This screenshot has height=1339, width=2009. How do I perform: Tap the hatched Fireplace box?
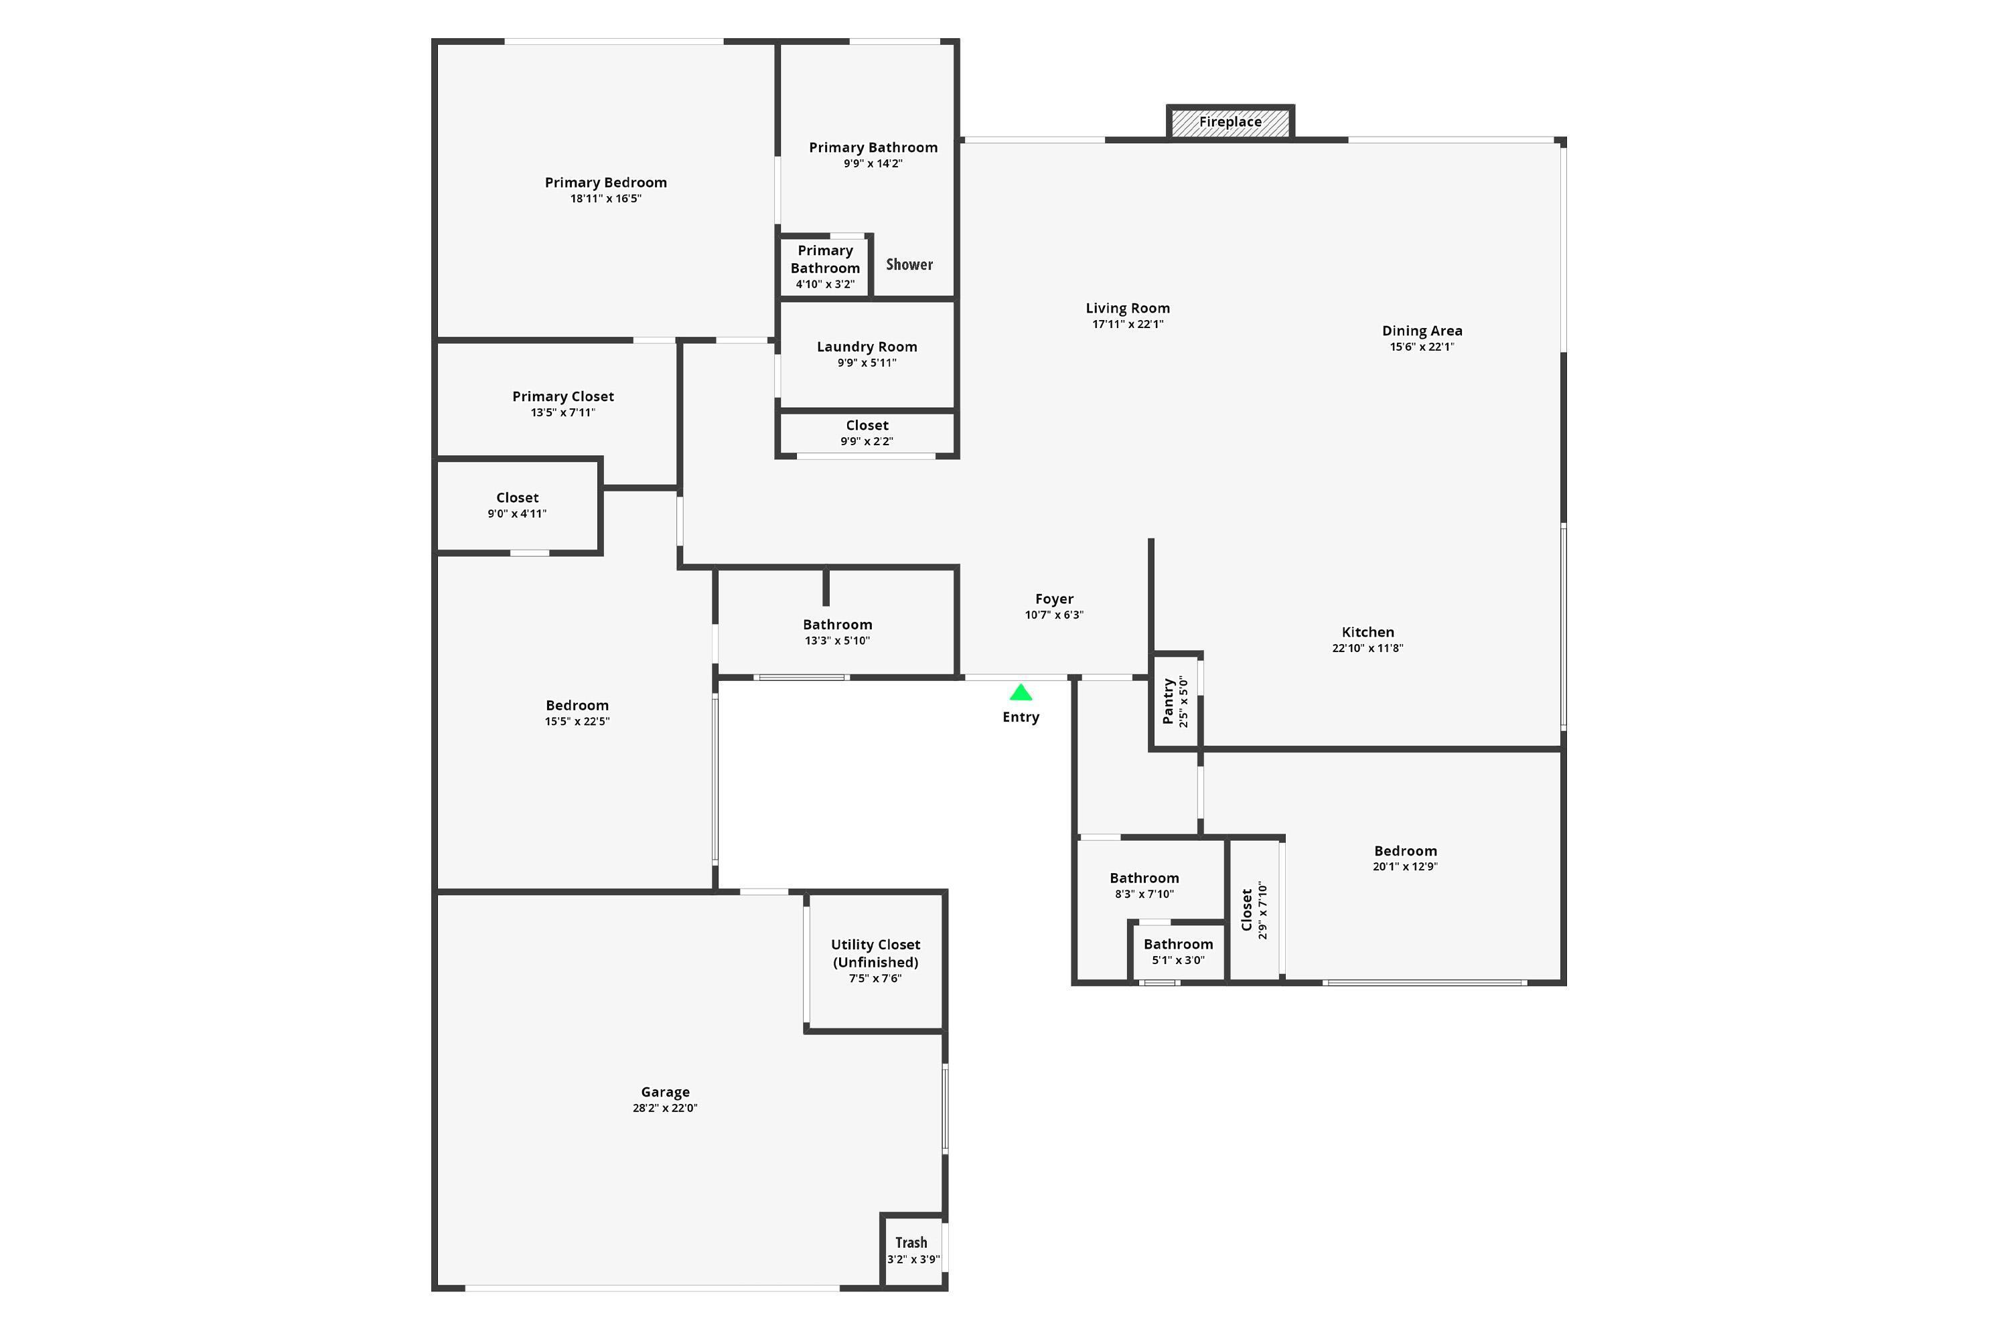pyautogui.click(x=1230, y=122)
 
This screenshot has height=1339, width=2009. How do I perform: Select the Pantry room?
pyautogui.click(x=1175, y=701)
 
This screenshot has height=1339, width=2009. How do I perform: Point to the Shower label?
pyautogui.click(x=909, y=264)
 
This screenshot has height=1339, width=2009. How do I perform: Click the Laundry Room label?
pyautogui.click(x=867, y=347)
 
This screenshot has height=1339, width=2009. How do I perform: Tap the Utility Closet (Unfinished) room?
pyautogui.click(x=875, y=960)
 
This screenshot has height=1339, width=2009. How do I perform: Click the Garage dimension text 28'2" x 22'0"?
pyautogui.click(x=664, y=1109)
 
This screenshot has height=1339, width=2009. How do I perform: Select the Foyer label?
pyautogui.click(x=1054, y=599)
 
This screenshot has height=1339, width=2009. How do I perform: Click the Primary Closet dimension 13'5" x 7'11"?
pyautogui.click(x=563, y=412)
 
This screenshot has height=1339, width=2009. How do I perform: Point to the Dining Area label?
pyautogui.click(x=1422, y=331)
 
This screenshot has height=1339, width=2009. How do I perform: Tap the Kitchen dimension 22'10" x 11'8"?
pyautogui.click(x=1367, y=648)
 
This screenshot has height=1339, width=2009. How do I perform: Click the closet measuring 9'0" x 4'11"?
pyautogui.click(x=517, y=505)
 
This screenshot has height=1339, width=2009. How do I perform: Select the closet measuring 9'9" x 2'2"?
pyautogui.click(x=867, y=433)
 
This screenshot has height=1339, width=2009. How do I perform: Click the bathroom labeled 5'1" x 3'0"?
pyautogui.click(x=1178, y=951)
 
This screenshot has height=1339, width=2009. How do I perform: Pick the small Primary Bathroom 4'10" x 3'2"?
pyautogui.click(x=824, y=266)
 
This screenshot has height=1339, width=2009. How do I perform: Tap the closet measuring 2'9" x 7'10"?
pyautogui.click(x=1254, y=911)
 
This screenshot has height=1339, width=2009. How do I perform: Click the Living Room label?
pyautogui.click(x=1128, y=308)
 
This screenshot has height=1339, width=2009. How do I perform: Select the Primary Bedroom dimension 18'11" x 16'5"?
pyautogui.click(x=605, y=199)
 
